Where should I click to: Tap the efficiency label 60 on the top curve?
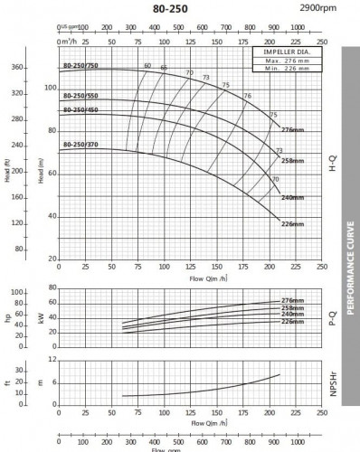[x=147, y=65]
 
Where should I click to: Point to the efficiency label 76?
[x=247, y=96]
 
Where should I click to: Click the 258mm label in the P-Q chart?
[x=292, y=308]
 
